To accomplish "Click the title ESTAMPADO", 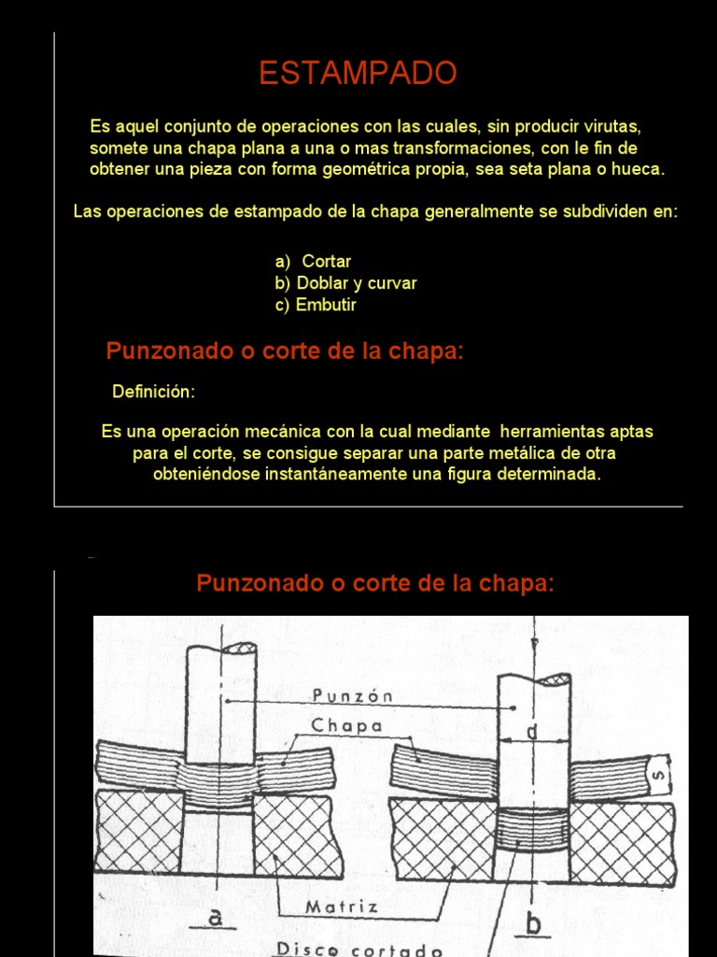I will [358, 73].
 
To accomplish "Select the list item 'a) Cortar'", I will [313, 262].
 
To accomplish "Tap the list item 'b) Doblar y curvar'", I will [345, 283].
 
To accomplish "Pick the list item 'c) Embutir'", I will [316, 305].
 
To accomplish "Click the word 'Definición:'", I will [154, 392].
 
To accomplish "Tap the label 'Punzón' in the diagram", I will [354, 695].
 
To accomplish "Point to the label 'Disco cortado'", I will [358, 948].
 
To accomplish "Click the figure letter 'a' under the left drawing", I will [217, 919].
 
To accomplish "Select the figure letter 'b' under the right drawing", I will [534, 924].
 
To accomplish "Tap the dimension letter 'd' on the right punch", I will [532, 734].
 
